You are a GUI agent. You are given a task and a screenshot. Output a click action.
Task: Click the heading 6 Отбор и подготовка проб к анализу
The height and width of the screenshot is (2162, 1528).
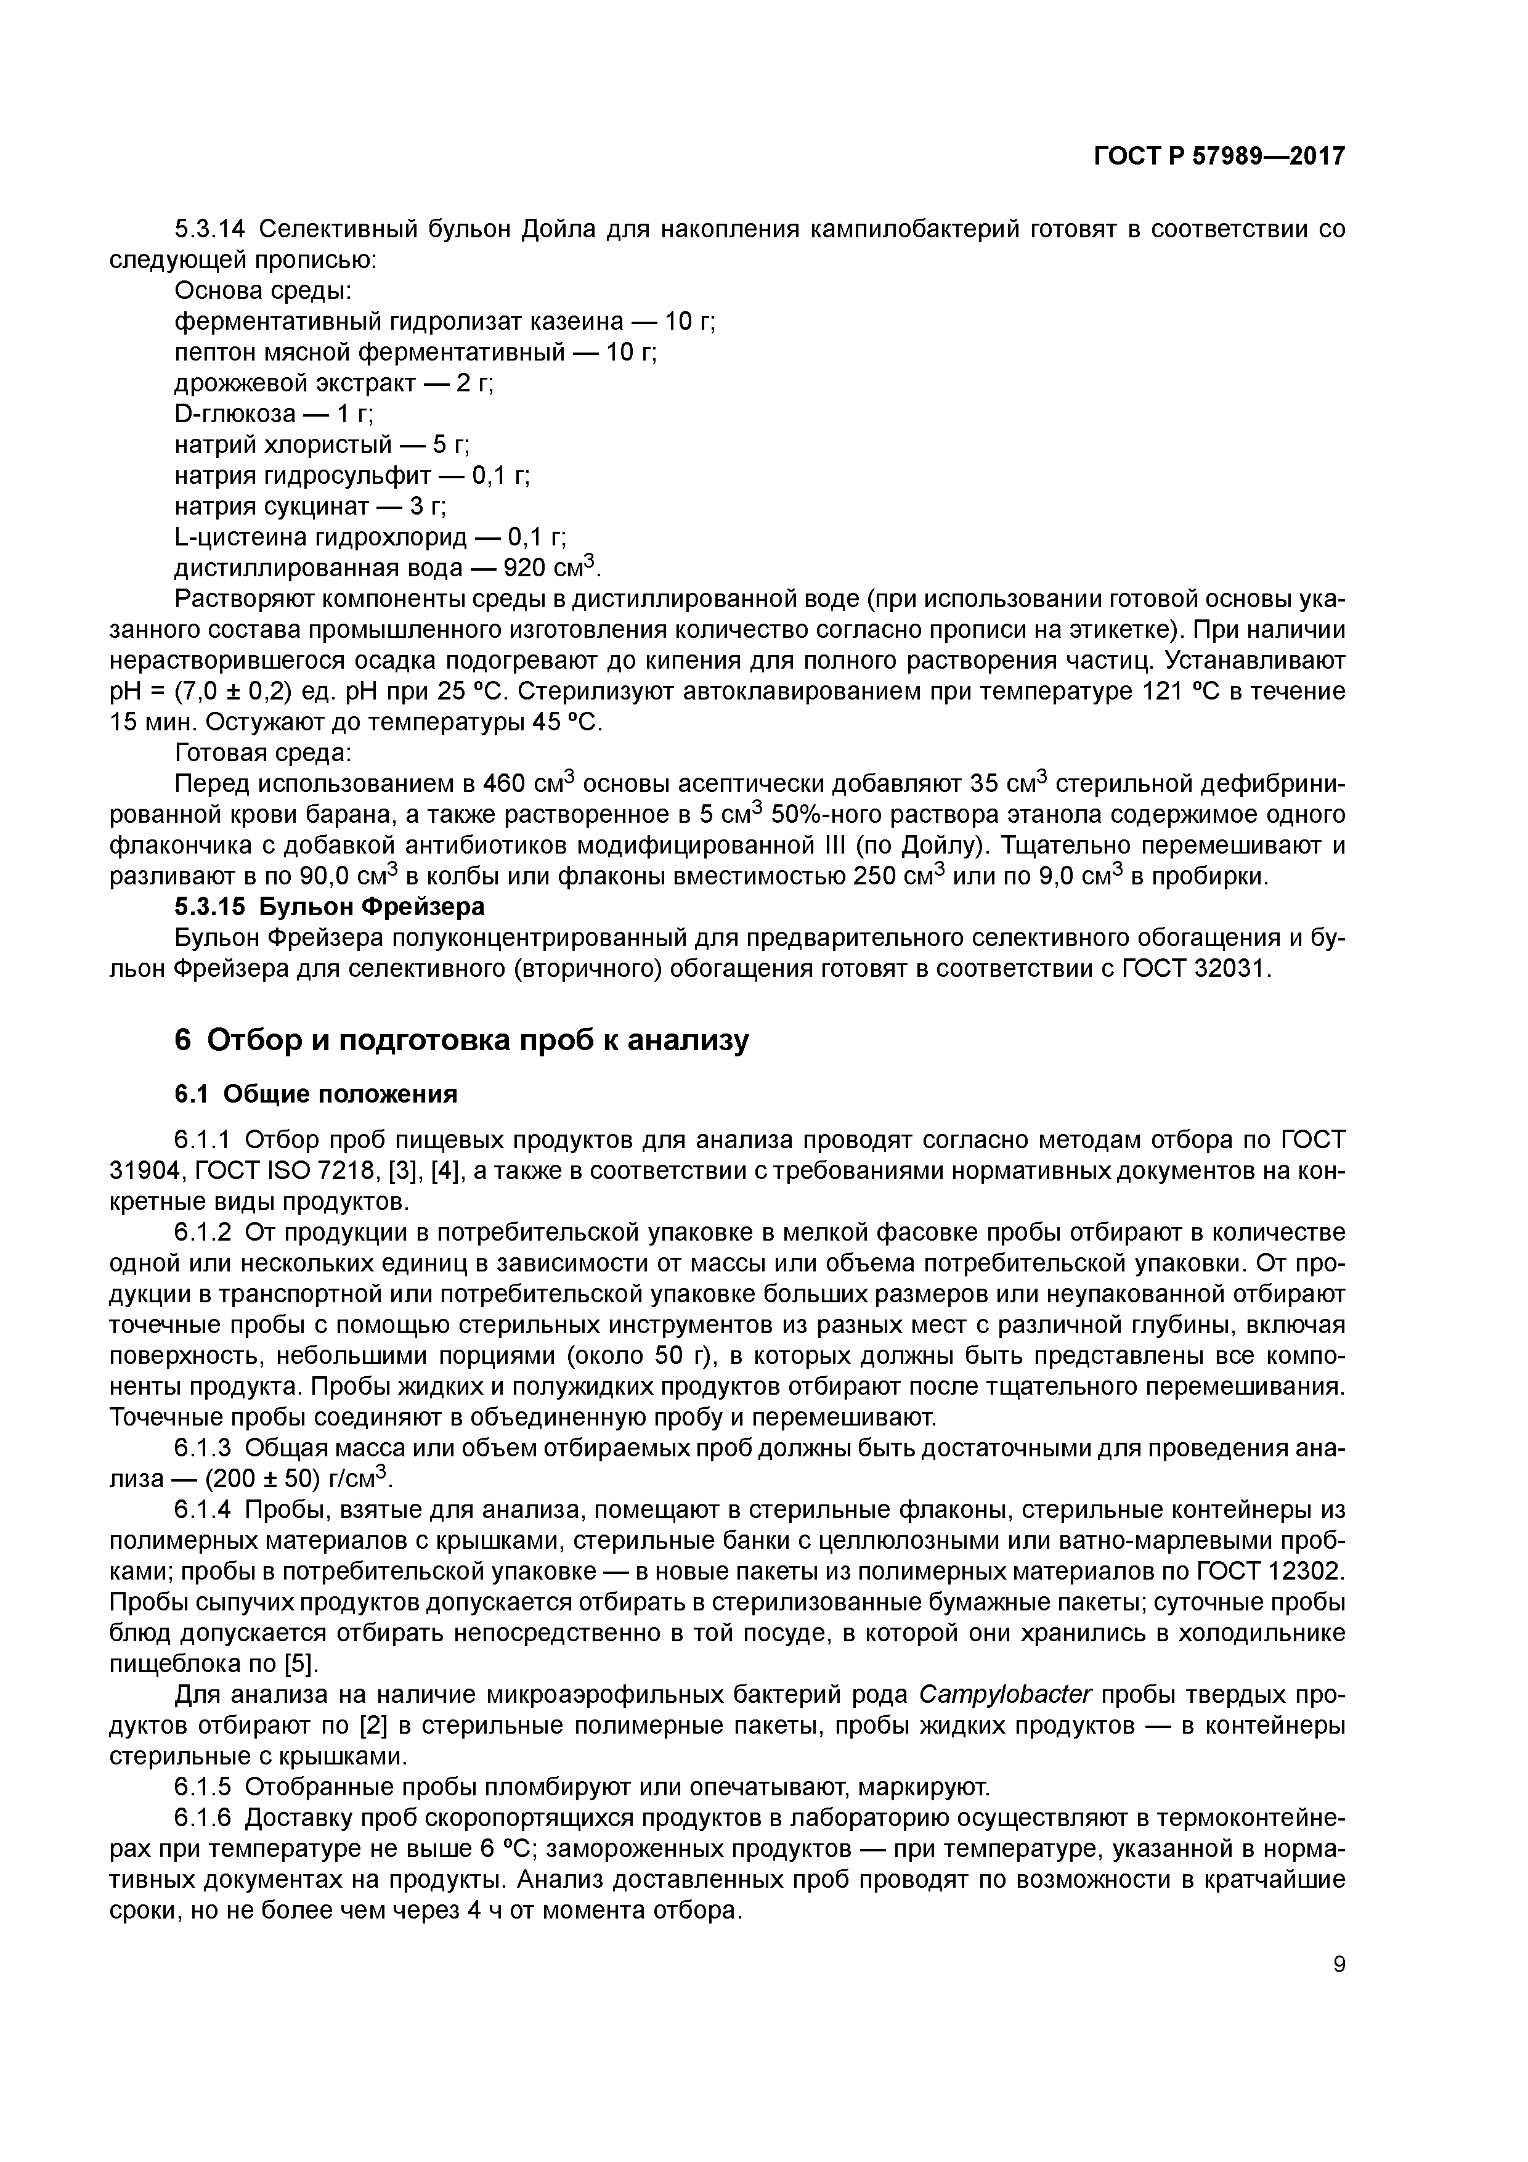coord(461,1040)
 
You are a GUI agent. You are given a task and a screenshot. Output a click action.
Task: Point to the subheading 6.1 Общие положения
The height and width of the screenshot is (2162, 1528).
coord(315,1094)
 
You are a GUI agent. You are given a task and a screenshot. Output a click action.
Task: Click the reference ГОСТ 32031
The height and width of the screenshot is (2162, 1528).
coord(1196,969)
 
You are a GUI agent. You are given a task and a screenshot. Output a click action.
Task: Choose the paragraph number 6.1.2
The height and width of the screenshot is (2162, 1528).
coord(209,1233)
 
